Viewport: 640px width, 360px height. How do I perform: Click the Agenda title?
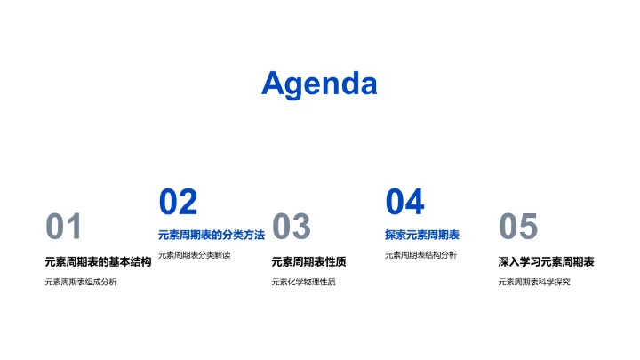319,84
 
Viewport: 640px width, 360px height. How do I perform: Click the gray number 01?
63,228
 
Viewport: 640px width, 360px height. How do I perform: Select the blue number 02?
178,203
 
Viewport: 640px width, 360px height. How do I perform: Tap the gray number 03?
290,228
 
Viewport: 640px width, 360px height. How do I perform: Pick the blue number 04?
404,203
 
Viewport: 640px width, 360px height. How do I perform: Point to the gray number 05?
517,228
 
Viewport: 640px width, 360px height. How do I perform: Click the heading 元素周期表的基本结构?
98,262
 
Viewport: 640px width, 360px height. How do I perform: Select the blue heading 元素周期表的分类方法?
212,236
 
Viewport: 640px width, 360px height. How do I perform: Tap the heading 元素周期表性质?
308,262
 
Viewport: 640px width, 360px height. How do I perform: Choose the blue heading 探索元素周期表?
422,236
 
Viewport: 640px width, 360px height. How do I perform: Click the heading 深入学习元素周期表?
546,262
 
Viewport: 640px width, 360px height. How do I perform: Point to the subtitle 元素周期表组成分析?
80,283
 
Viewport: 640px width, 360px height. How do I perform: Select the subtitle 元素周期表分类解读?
194,255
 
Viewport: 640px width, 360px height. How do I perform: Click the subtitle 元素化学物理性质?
303,283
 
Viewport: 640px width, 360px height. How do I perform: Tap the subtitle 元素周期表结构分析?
420,255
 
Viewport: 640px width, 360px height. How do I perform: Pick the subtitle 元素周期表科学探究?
533,283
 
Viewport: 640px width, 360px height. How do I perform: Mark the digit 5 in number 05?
528,228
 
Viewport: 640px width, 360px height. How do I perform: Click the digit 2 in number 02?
188,203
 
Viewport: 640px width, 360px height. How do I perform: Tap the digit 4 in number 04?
414,203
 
